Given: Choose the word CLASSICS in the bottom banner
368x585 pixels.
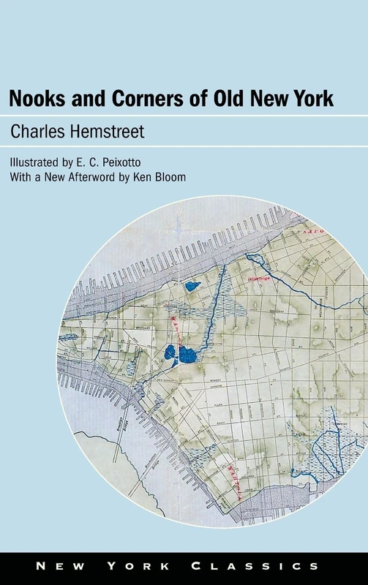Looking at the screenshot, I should (x=282, y=566).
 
